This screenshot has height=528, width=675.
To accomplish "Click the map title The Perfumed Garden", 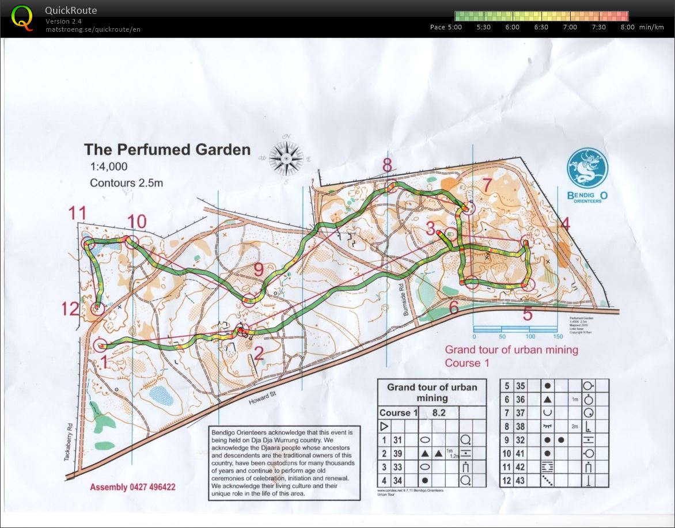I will tap(167, 150).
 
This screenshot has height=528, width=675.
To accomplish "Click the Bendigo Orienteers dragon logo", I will tap(587, 169).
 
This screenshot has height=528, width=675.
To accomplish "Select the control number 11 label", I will tap(77, 214).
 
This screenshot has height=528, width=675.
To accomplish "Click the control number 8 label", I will tap(387, 165).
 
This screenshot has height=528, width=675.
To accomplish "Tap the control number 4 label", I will tap(564, 224).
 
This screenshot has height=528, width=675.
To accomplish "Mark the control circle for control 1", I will tap(100, 345).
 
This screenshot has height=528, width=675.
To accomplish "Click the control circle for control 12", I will tap(96, 308).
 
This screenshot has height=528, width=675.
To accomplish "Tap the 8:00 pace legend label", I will tap(627, 27).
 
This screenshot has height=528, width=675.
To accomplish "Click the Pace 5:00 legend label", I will tap(446, 27).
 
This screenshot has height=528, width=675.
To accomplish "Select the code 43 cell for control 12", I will tap(521, 480).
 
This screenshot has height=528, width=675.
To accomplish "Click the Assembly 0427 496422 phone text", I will tap(132, 487).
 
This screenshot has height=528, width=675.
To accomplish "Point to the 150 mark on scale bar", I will tap(557, 336).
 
